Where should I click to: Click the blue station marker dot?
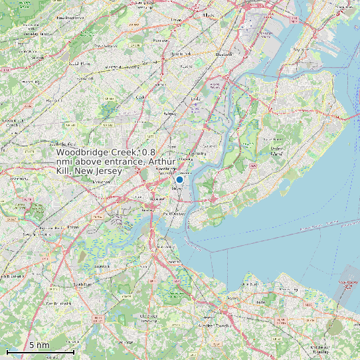coord(179,179)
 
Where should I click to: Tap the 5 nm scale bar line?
coord(40,351)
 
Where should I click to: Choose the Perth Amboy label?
coord(174,214)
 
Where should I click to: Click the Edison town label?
coord(73,226)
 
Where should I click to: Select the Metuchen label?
coord(101,181)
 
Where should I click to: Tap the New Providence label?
coord(70,18)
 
